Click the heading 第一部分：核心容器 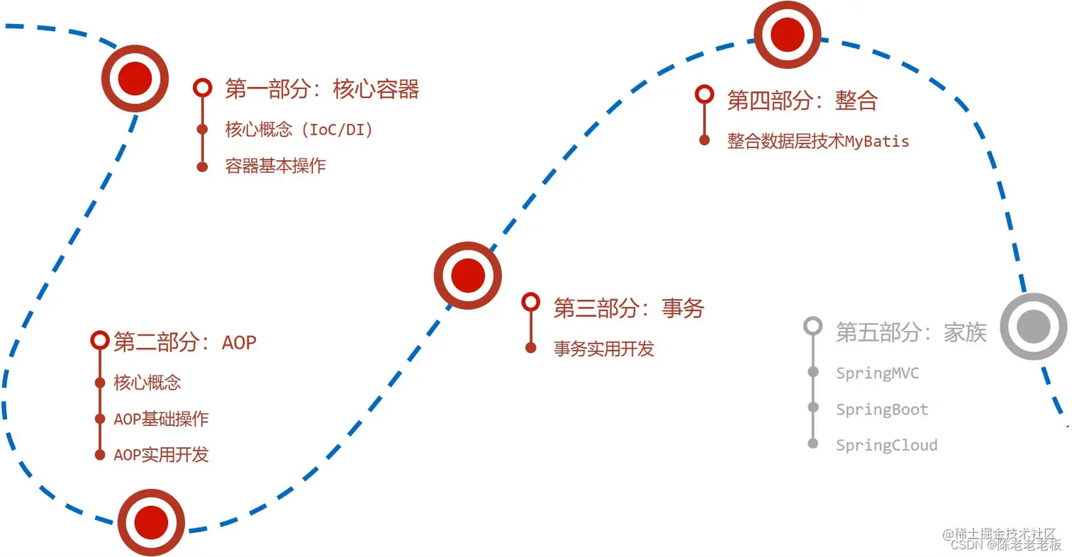click(322, 89)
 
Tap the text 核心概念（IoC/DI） click(298, 130)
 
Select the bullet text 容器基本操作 click(275, 167)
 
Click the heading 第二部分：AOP click(184, 342)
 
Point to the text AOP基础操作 click(161, 419)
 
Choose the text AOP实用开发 click(161, 455)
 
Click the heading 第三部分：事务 click(628, 308)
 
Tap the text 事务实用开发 click(603, 349)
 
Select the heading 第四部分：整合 click(802, 101)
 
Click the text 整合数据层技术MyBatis click(817, 141)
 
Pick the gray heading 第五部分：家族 click(910, 332)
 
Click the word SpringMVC click(877, 373)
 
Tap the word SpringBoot click(881, 410)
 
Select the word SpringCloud click(886, 446)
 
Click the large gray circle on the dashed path click(1033, 327)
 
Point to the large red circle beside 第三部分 click(468, 275)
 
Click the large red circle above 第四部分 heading click(787, 34)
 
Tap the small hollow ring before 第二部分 click(100, 340)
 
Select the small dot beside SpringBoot click(813, 407)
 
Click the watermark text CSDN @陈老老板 click(1005, 545)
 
